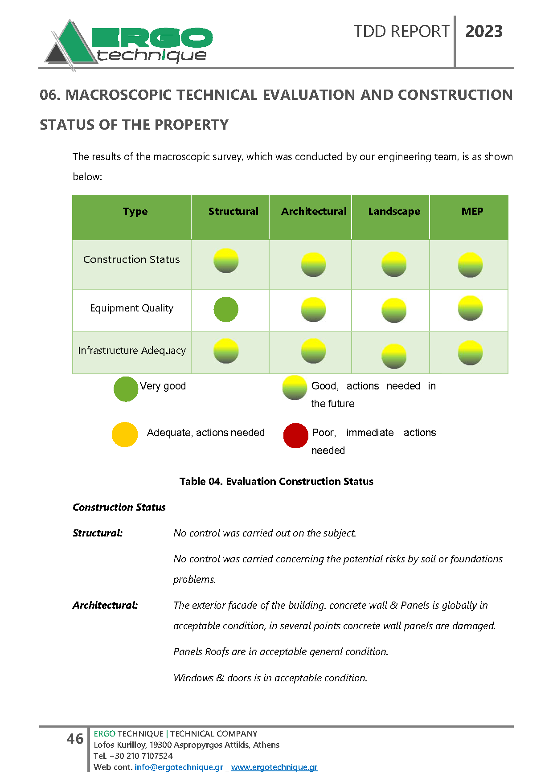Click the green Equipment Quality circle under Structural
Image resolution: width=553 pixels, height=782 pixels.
coord(226,309)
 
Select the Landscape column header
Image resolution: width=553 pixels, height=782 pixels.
coord(394,212)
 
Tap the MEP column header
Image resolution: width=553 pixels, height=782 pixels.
coord(472,211)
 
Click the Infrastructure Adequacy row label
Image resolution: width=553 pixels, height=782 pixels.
coord(132,351)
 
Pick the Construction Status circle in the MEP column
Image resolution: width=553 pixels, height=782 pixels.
coord(470,265)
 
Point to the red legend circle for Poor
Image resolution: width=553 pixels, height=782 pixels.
coord(295,435)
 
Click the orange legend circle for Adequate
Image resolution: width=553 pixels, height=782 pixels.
coord(125,434)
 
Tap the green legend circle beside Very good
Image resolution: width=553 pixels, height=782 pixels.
coord(126,389)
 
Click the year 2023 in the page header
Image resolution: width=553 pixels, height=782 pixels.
coord(484,32)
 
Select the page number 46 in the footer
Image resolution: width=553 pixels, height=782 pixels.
coord(75,739)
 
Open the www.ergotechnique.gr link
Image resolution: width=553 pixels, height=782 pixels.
coord(274,767)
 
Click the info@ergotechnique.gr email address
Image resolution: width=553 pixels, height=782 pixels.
coord(179,767)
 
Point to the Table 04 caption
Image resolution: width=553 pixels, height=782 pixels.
coord(276,481)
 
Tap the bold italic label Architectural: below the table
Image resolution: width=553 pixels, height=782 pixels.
coord(105,605)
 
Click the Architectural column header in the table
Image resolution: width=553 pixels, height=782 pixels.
coord(314,212)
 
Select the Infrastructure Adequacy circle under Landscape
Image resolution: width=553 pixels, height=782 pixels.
coord(394,356)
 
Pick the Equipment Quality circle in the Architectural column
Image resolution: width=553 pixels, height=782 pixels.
coord(313,309)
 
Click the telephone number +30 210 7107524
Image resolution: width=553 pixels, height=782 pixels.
coord(141,756)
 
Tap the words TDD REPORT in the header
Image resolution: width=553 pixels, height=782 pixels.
coord(401,32)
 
